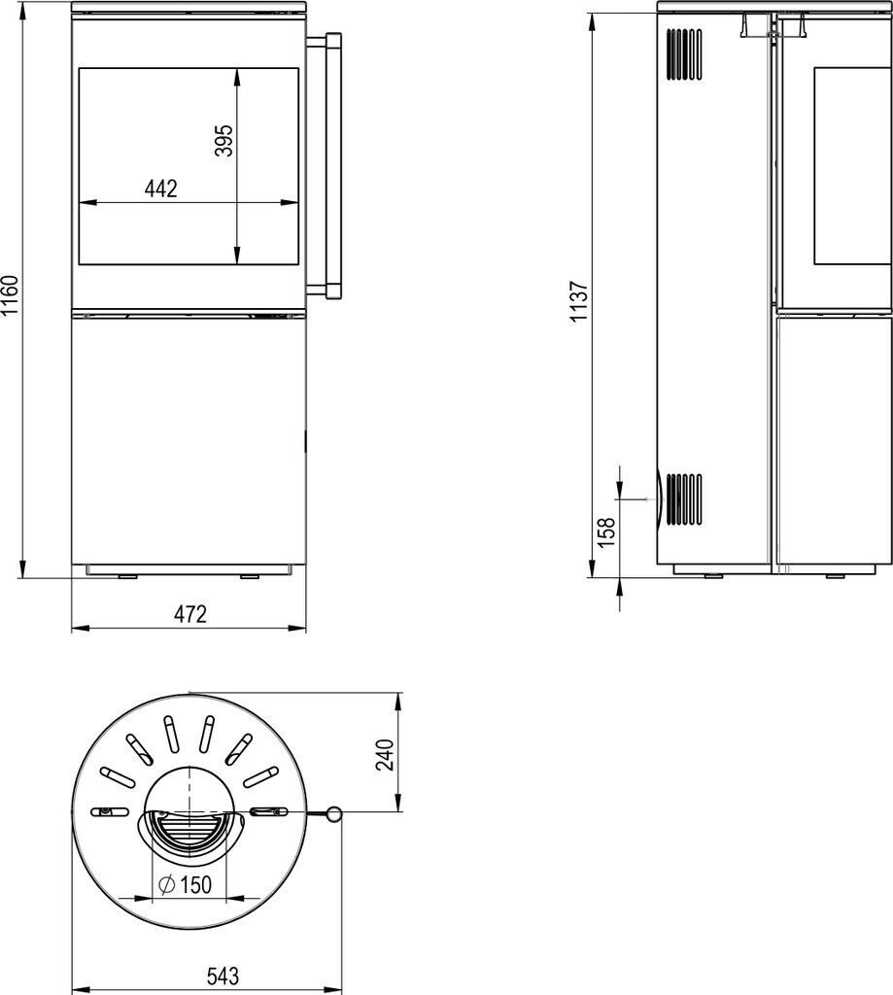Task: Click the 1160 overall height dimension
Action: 10,295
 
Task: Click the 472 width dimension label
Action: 189,614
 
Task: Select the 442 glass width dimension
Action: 161,189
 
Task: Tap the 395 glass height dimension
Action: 224,140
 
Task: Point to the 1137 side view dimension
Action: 579,301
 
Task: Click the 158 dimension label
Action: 606,532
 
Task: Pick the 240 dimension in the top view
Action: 385,754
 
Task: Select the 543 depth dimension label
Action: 223,976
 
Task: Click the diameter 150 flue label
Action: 185,884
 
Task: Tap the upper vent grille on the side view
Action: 684,54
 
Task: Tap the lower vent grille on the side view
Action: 684,499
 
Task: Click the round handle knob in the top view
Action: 334,814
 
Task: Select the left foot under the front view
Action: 127,577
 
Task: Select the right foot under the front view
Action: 250,577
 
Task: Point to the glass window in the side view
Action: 852,165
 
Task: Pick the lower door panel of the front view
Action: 189,440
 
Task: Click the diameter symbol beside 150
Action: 167,884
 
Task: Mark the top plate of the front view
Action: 189,7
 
